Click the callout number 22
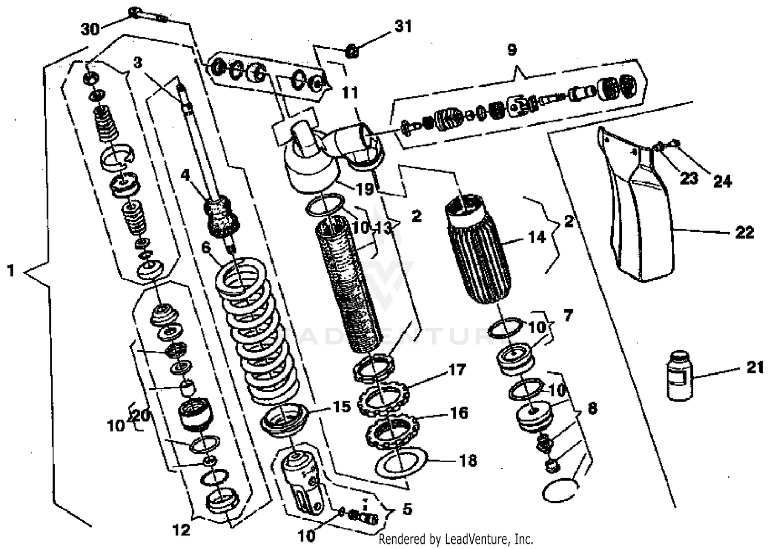point(744,233)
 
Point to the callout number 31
point(403,26)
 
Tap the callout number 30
point(90,29)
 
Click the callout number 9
point(511,50)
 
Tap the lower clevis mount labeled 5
point(303,483)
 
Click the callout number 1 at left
point(11,270)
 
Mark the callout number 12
point(181,529)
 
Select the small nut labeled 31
point(352,50)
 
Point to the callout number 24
point(722,181)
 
